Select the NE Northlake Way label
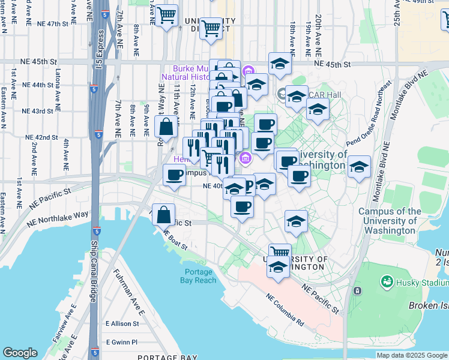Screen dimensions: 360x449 [x=57, y=217]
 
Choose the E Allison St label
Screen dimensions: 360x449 [x=122, y=323]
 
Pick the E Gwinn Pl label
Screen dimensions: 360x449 [x=122, y=342]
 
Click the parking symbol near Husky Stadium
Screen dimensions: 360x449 [x=358, y=291]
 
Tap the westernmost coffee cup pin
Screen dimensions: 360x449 [x=174, y=175]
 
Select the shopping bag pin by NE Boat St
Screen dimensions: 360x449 [x=163, y=215]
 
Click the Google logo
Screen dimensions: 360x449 [x=20, y=353]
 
